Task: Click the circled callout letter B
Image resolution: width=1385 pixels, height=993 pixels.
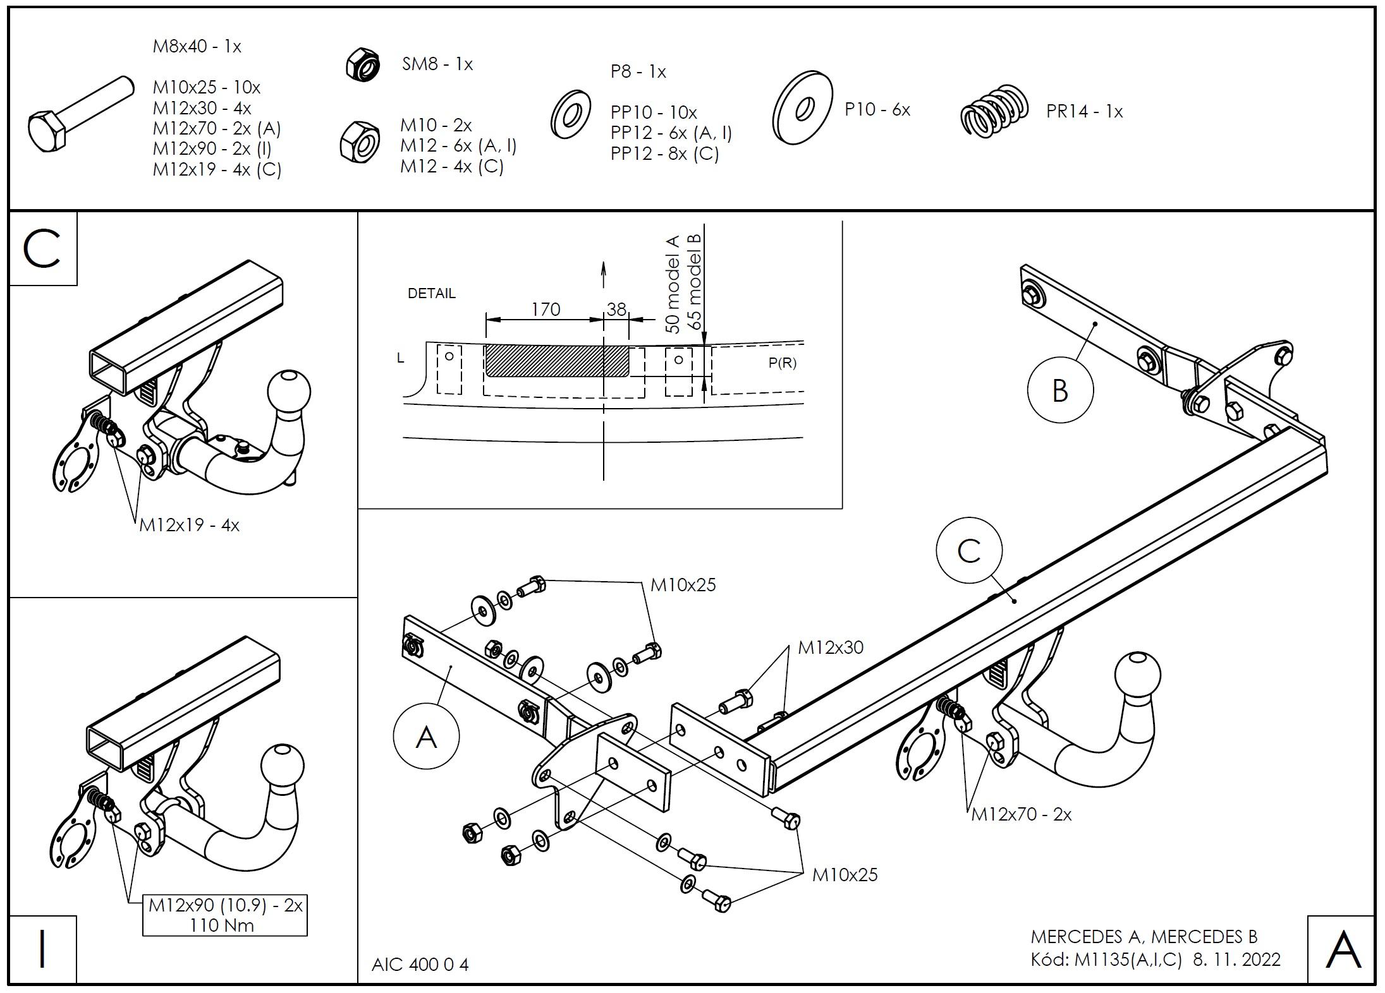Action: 1060,390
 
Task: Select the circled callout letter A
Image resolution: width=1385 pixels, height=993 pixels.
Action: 426,737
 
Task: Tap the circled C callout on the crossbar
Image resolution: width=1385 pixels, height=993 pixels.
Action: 969,550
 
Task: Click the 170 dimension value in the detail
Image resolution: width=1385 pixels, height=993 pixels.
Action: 545,309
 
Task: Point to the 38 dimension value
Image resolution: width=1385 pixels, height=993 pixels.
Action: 616,309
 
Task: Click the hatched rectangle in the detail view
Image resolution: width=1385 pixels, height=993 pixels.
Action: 556,361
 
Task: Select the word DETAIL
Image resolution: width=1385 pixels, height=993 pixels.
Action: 431,293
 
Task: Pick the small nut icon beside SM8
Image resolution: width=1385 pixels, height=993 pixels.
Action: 362,64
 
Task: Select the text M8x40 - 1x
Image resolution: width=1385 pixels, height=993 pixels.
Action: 197,46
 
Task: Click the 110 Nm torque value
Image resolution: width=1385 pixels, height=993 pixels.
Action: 222,925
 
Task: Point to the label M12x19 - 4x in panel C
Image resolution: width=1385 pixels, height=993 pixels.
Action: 189,525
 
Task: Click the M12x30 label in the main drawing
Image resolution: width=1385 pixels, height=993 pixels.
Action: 830,647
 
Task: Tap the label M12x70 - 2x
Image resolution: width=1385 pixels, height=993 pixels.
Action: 1021,814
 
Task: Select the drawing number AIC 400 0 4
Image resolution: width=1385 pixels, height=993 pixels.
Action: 420,965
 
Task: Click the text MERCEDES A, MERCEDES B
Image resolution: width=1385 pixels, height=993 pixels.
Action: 1144,936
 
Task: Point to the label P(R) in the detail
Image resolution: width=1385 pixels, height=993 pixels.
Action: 782,363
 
